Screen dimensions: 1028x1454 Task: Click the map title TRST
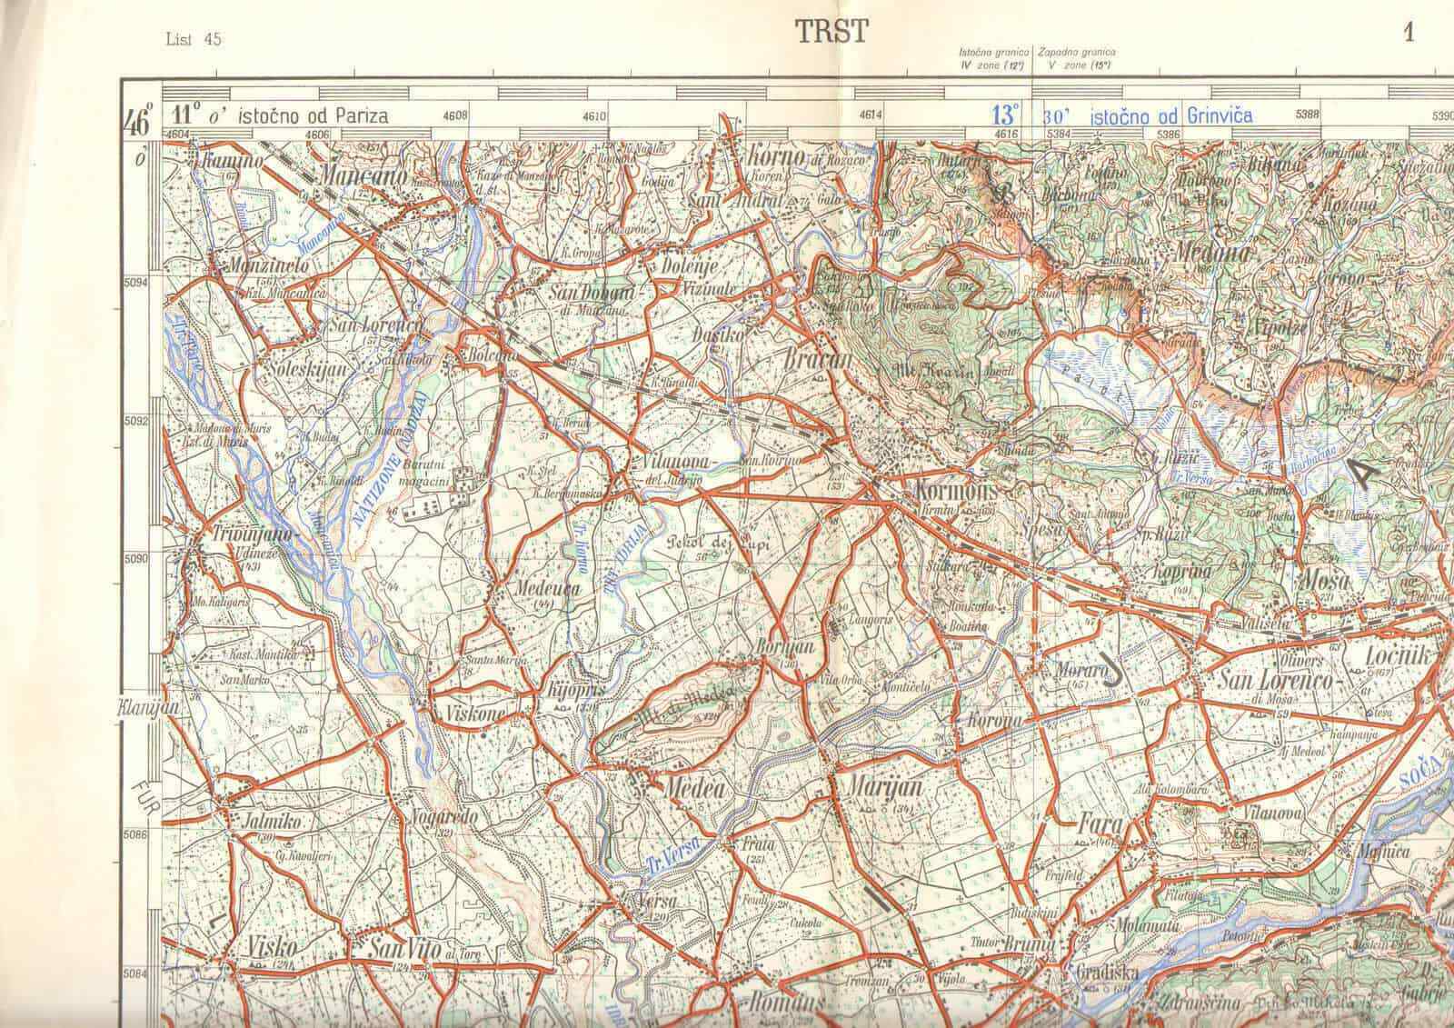(832, 33)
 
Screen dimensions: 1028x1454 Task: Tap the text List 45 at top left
(194, 38)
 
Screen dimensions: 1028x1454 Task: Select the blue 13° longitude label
(1004, 115)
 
